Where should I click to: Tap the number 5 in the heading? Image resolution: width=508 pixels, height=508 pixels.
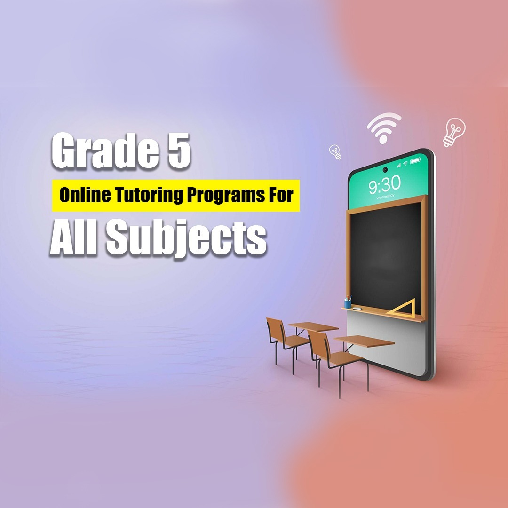click(179, 151)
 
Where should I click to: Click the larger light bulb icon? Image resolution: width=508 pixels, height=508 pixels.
click(454, 132)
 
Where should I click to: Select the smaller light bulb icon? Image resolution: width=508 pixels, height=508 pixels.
click(335, 151)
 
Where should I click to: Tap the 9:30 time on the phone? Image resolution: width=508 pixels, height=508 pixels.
click(385, 185)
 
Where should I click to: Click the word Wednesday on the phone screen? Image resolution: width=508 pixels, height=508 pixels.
click(385, 197)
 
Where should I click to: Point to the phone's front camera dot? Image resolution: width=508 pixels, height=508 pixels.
click(385, 169)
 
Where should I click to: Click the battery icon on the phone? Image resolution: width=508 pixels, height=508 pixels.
click(415, 161)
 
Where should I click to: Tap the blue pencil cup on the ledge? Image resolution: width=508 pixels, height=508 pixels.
click(348, 302)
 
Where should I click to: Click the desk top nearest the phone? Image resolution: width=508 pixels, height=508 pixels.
click(364, 341)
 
